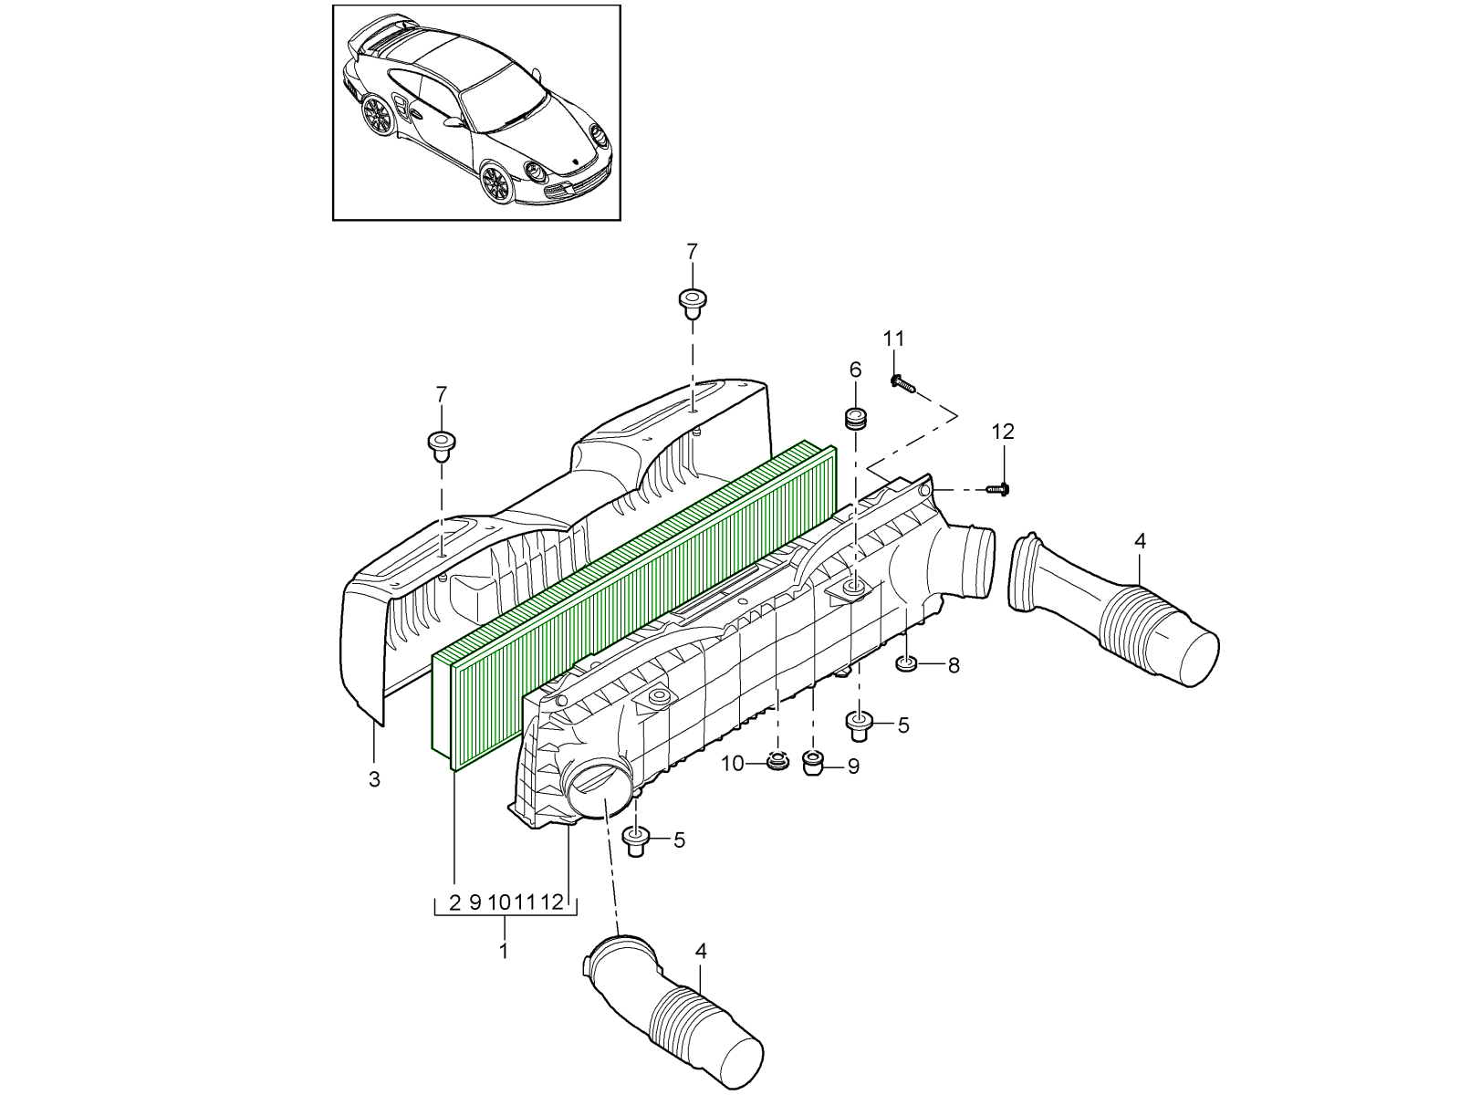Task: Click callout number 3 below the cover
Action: point(374,780)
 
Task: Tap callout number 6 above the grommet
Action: point(855,370)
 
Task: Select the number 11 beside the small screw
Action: point(893,339)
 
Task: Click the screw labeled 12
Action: point(1000,489)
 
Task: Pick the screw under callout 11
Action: point(902,383)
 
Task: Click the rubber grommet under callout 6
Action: point(855,419)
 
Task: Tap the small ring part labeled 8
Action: point(908,663)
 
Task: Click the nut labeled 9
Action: point(812,762)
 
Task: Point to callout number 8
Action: point(954,665)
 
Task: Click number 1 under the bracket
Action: point(503,952)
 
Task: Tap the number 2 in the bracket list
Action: point(455,903)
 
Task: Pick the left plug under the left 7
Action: point(442,445)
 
